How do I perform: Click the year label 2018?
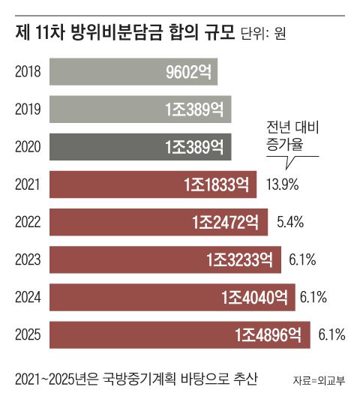[x=27, y=72]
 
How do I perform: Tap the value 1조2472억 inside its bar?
[x=226, y=222]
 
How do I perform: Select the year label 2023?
[x=27, y=259]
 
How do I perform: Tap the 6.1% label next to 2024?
[x=313, y=298]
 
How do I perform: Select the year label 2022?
[x=27, y=222]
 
